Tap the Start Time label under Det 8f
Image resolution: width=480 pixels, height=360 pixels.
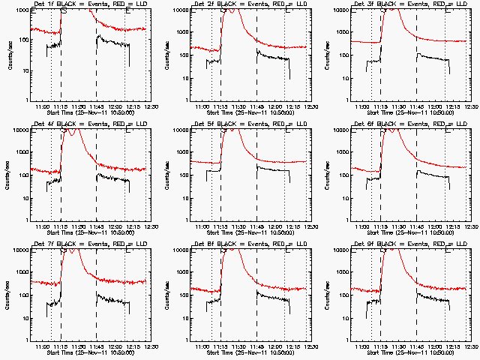tap(248, 352)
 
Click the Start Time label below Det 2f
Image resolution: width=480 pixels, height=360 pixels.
tap(248, 112)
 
